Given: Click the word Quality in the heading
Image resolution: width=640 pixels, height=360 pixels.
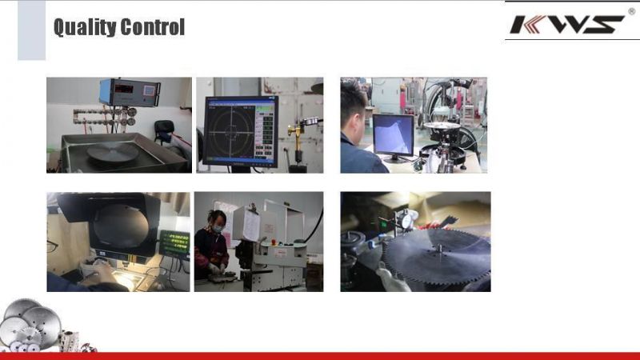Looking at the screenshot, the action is pyautogui.click(x=85, y=28).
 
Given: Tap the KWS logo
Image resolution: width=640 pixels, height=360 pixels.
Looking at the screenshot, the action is pyautogui.click(x=567, y=24).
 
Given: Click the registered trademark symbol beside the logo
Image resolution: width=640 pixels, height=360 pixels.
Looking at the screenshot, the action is pyautogui.click(x=631, y=11).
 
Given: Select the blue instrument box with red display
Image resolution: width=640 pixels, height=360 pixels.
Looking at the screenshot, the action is pyautogui.click(x=130, y=93).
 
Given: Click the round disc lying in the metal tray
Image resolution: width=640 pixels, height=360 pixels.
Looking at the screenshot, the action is pyautogui.click(x=113, y=152).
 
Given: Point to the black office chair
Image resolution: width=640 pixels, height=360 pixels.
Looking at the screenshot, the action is pyautogui.click(x=164, y=131).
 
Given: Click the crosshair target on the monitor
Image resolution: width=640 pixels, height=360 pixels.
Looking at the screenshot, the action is pyautogui.click(x=231, y=131).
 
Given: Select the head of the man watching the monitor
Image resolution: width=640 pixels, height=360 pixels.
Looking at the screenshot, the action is pyautogui.click(x=354, y=110).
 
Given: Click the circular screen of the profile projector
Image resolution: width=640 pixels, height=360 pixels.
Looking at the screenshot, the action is pyautogui.click(x=121, y=226).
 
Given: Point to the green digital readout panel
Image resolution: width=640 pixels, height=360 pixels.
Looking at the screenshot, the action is pyautogui.click(x=174, y=244).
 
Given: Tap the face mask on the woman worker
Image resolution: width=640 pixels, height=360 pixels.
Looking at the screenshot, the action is pyautogui.click(x=218, y=229).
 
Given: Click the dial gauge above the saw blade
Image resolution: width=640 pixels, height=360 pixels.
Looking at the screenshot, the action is pyautogui.click(x=406, y=220).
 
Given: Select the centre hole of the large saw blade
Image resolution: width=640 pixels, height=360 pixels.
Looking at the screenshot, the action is pyautogui.click(x=438, y=248).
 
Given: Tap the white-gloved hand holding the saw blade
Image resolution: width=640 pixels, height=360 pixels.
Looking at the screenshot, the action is pyautogui.click(x=392, y=278).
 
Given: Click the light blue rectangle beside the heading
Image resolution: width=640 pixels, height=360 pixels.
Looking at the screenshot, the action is pyautogui.click(x=31, y=30).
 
